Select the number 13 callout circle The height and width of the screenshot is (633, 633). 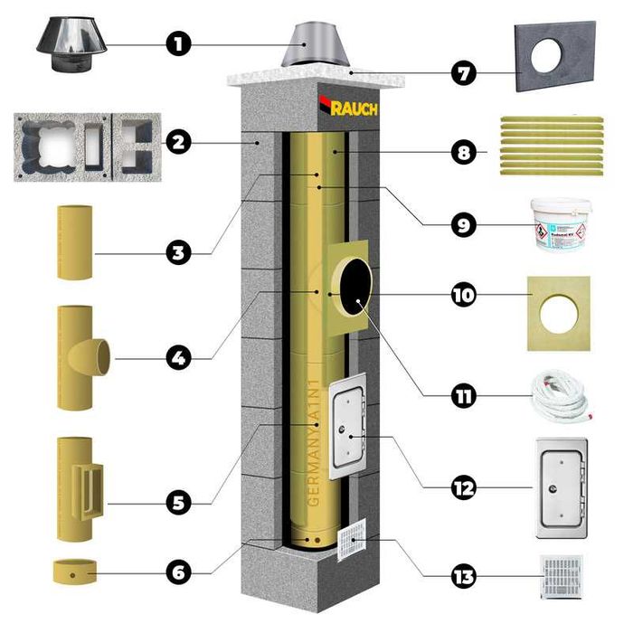pyautogui.click(x=464, y=575)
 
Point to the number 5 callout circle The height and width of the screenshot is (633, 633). pyautogui.click(x=178, y=499)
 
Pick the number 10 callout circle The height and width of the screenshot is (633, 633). pyautogui.click(x=464, y=296)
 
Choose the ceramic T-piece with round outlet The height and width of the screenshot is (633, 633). pyautogui.click(x=81, y=357)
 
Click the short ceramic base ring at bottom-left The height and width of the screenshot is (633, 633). pyautogui.click(x=75, y=572)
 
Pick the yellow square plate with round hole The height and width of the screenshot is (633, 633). pyautogui.click(x=558, y=313)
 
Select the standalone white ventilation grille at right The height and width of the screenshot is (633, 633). pyautogui.click(x=561, y=576)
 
